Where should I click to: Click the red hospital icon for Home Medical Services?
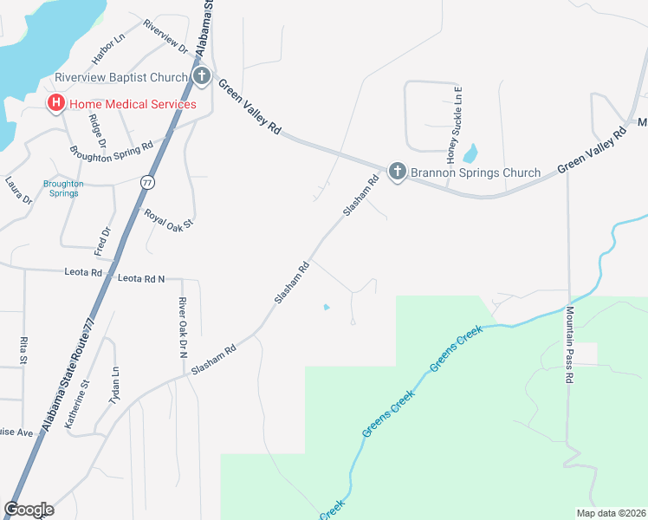coord(56,104)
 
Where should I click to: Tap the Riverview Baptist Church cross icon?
coord(201,77)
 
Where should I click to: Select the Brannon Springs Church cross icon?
coord(397,172)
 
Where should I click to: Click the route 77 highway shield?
coord(146,182)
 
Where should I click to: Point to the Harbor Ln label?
coord(109,49)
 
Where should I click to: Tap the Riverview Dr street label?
coord(165,35)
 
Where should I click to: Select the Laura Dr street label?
coord(18,191)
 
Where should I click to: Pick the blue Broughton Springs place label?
coord(63,188)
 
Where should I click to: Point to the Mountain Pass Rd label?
coord(570,345)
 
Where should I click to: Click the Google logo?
coord(29,509)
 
